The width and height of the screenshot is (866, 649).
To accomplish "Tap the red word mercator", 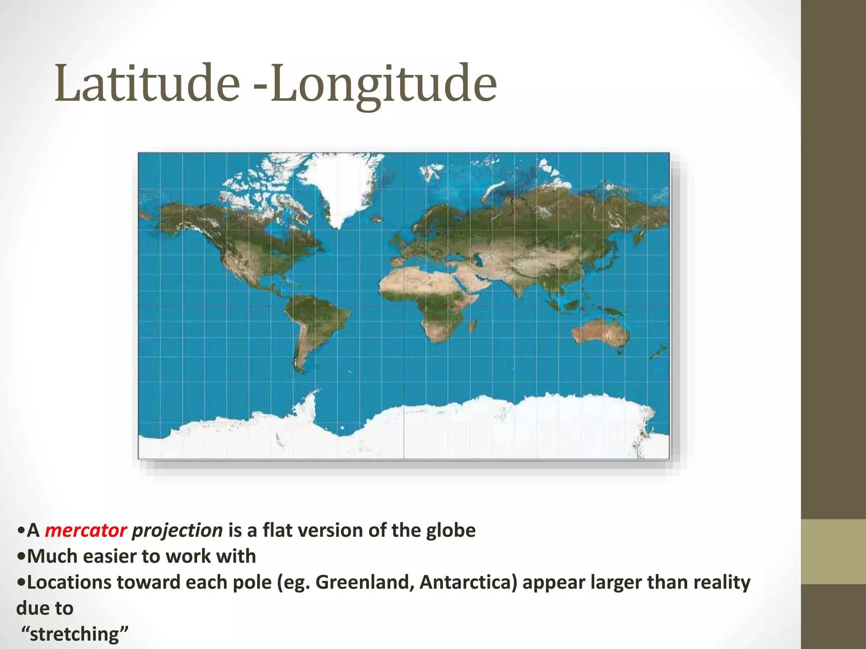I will point(86,531).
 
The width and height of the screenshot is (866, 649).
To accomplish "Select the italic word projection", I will point(177,531).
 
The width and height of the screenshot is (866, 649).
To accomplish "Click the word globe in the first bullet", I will point(451,531).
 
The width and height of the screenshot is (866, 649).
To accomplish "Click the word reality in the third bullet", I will point(721,583).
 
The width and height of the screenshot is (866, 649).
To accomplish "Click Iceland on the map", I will point(375,218).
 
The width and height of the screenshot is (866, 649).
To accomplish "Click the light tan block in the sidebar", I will point(833,551).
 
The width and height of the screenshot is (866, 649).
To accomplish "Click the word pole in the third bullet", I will point(252,583).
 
